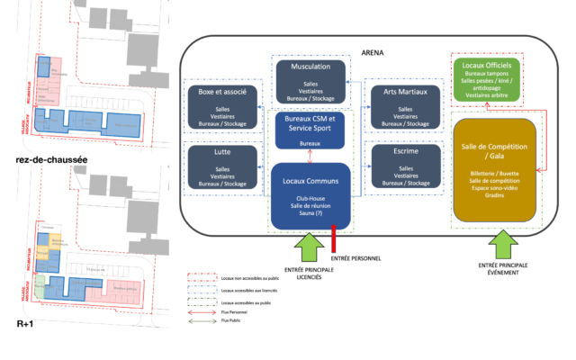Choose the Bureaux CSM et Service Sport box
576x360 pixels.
point(309,130)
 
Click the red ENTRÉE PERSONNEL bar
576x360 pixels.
point(335,240)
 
